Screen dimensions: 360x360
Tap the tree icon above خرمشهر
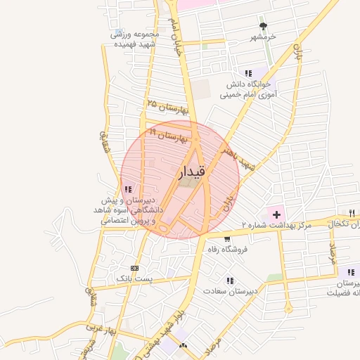click(264, 25)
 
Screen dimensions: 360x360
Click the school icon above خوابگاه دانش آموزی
click(247, 72)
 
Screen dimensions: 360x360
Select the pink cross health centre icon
click(276, 213)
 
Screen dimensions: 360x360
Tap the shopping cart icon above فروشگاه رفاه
click(226, 239)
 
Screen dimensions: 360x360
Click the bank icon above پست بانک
click(135, 268)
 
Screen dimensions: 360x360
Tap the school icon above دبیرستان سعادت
click(230, 280)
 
